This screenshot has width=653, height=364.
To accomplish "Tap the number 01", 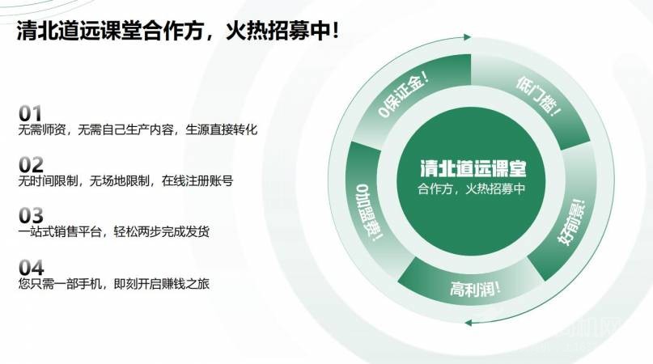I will tap(30, 112).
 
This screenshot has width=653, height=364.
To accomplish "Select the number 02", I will tap(30, 164).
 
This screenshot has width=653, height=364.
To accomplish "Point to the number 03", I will tap(30, 215).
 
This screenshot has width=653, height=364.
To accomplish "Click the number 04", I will tap(30, 267).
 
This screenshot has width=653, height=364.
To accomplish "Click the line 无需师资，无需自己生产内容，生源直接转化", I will tap(137, 129).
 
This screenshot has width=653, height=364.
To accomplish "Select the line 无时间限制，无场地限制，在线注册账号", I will tap(125, 181).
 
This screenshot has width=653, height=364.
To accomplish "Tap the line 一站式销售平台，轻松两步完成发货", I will tap(113, 232).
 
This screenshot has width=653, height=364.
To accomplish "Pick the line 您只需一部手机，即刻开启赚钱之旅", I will tap(113, 284).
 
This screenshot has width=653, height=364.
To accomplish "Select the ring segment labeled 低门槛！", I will tap(537, 96).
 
